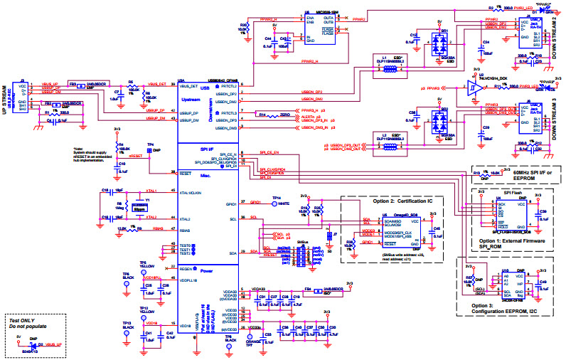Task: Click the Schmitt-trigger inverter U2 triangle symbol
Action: [x=472, y=90]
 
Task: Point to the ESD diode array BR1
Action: [x=441, y=43]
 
